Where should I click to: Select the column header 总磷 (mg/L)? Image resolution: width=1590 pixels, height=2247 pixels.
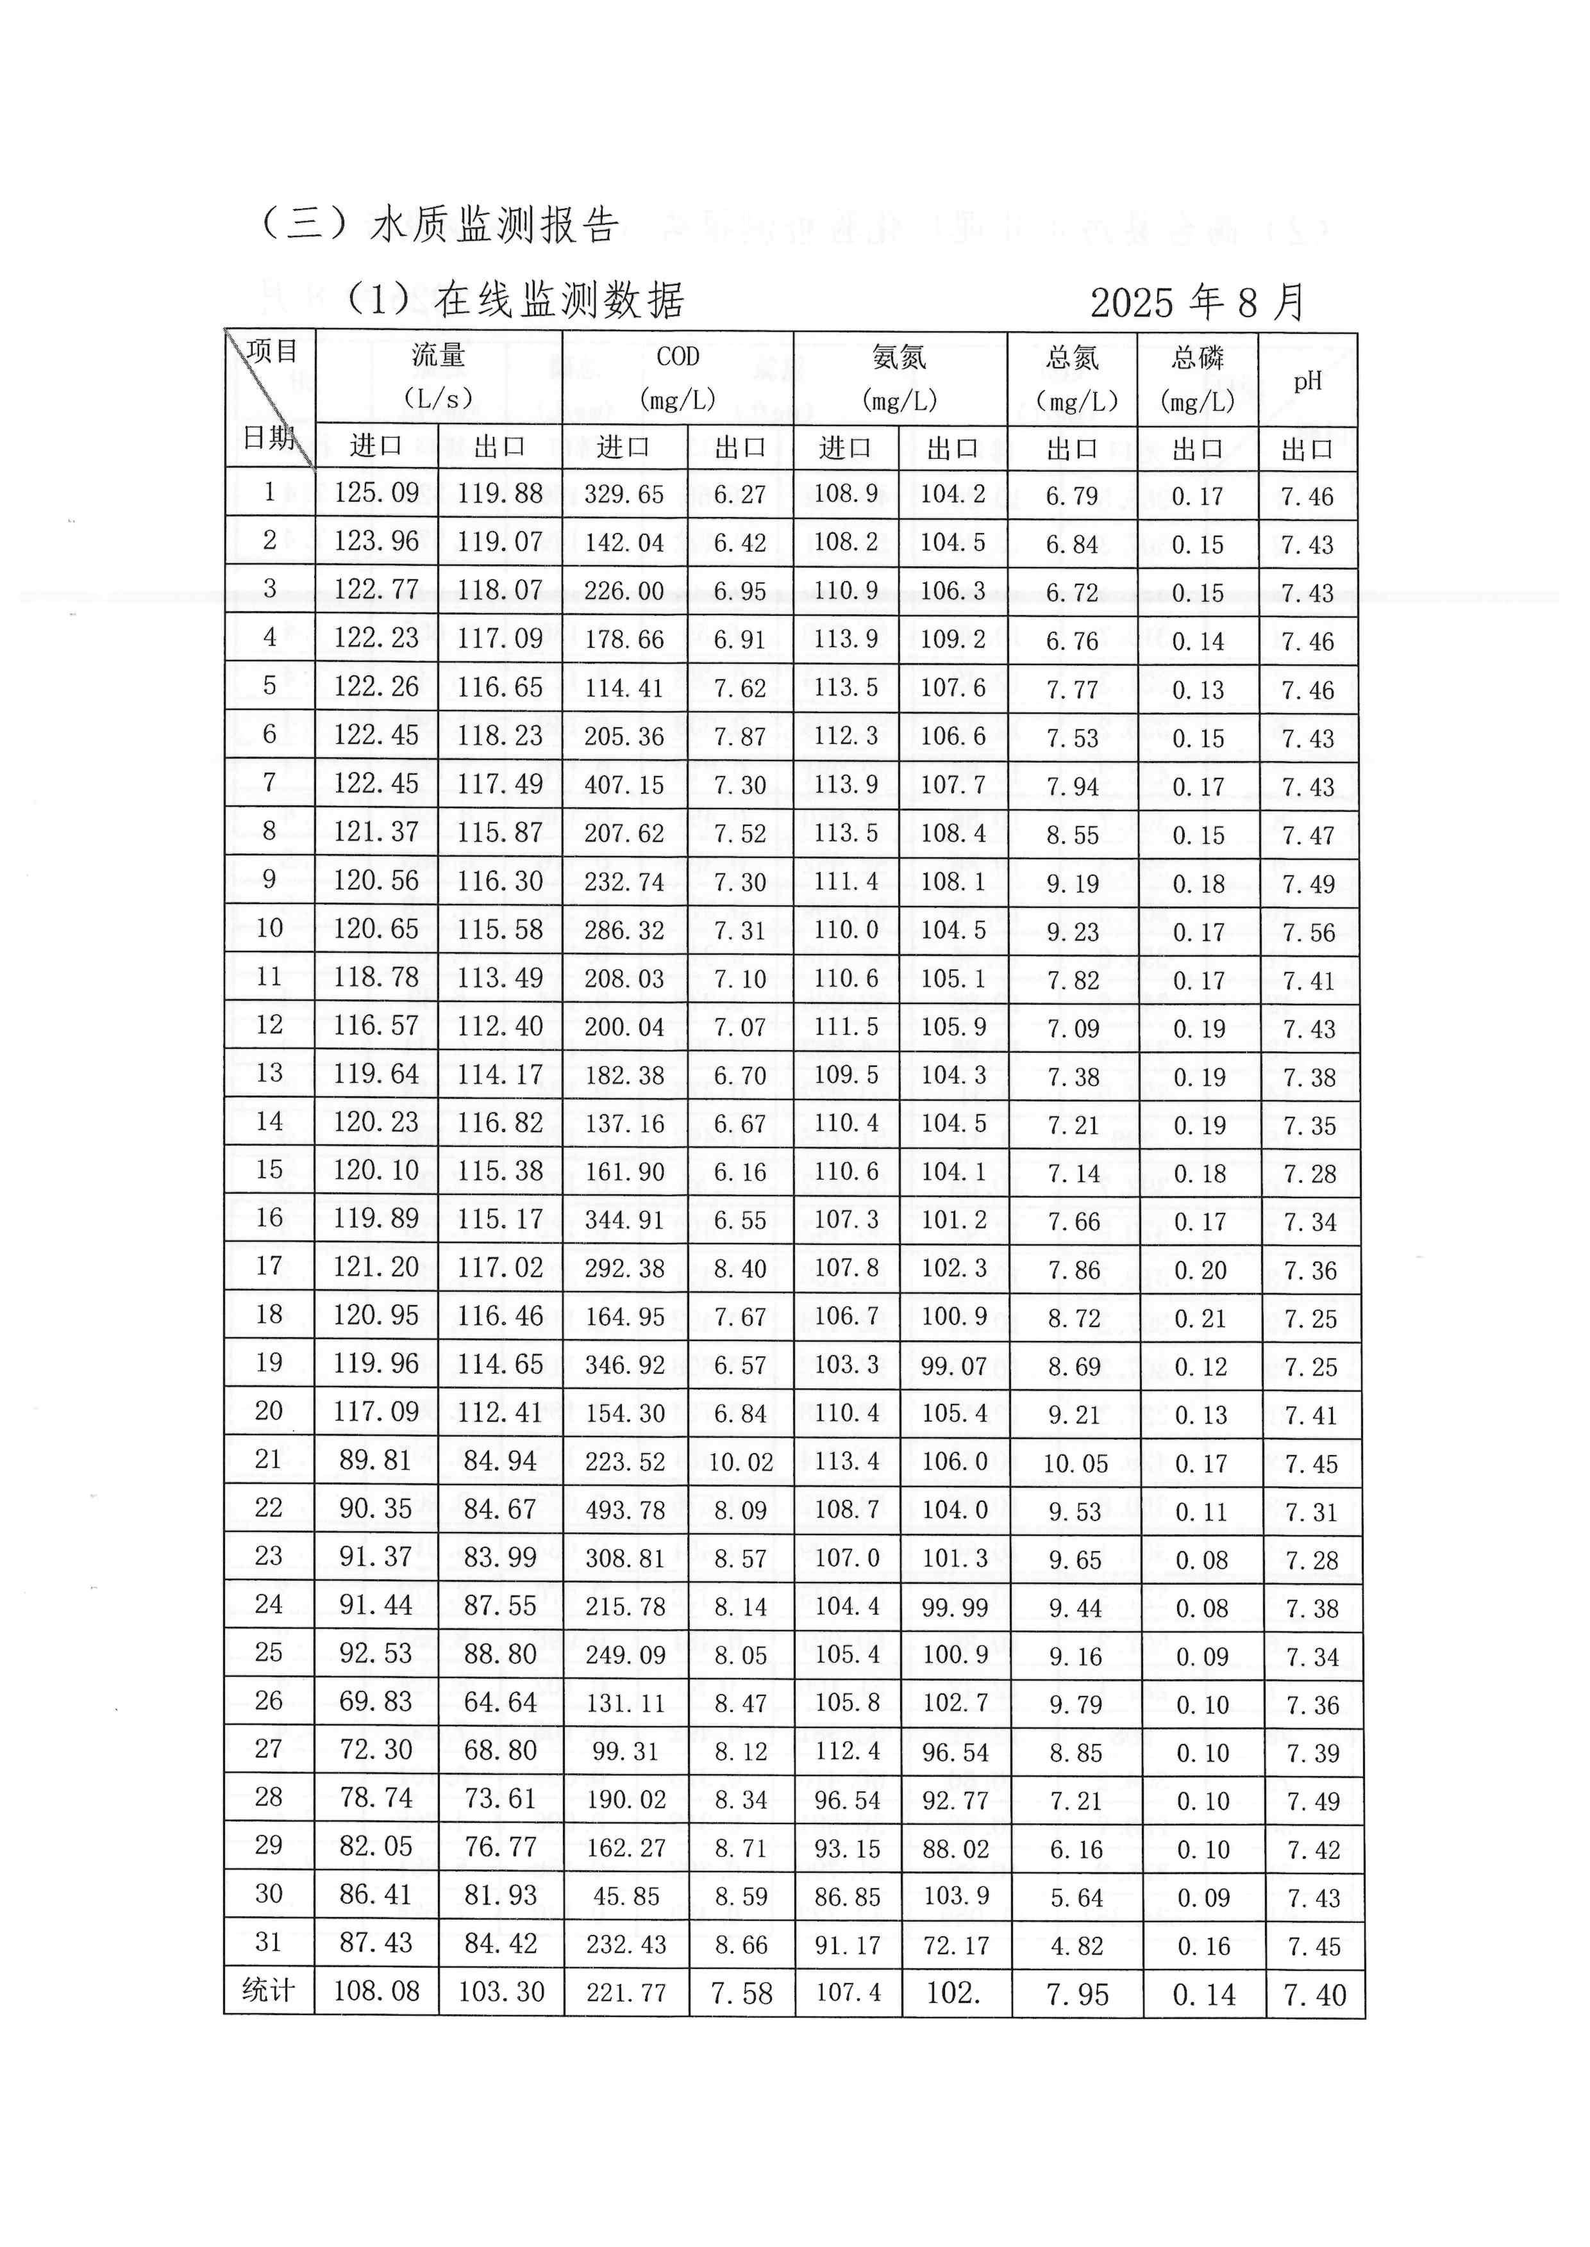[x=1198, y=380]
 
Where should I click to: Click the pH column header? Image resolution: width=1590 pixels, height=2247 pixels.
[x=1307, y=381]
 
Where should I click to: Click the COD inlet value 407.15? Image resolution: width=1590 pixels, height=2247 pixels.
[x=624, y=785]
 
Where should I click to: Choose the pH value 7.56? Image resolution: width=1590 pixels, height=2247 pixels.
[x=1309, y=932]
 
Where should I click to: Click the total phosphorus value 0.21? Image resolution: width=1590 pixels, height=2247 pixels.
[x=1200, y=1318]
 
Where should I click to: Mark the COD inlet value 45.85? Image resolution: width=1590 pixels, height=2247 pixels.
[x=626, y=1897]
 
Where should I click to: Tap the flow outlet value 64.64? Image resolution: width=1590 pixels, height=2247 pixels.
[x=500, y=1703]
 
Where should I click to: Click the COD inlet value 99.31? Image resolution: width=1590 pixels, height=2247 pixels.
[x=624, y=1752]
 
